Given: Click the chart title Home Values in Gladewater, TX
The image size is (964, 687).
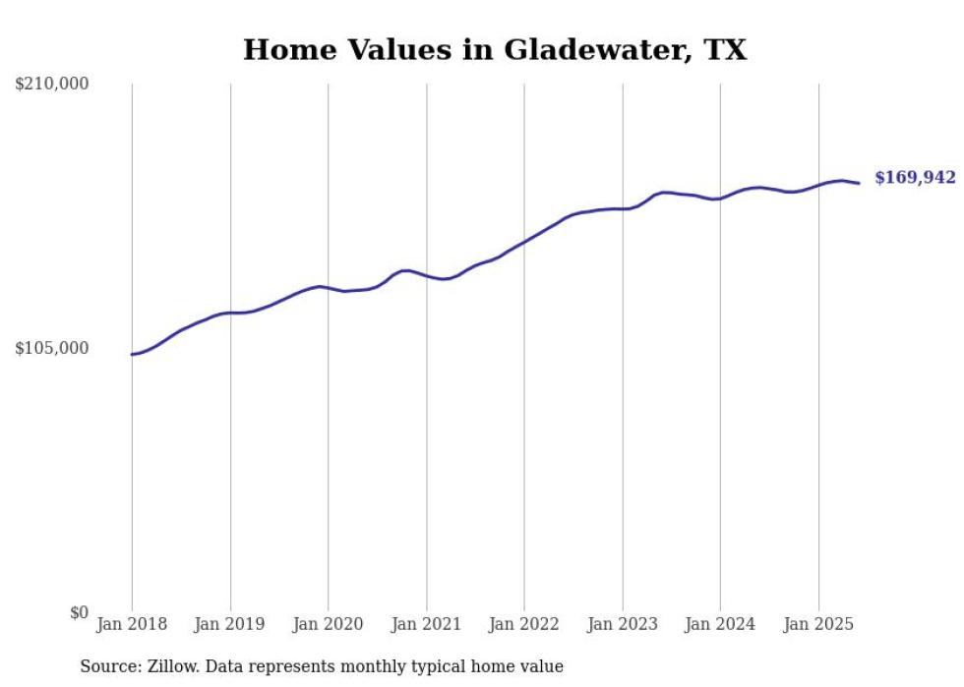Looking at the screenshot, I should [x=495, y=50].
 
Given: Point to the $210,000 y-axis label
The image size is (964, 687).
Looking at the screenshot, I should [x=51, y=85].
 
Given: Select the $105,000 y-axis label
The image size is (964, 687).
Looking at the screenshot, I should [x=51, y=348].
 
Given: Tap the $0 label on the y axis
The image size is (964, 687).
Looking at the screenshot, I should [x=79, y=612].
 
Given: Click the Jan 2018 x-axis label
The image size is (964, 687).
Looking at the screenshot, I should [x=132, y=624].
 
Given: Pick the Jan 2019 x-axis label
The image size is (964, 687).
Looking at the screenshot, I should [x=230, y=624].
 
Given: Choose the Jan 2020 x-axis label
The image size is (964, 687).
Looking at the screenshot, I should [x=328, y=624].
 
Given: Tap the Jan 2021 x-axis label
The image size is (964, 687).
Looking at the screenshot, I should [x=426, y=624].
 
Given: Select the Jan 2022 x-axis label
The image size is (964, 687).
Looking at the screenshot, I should [x=524, y=624].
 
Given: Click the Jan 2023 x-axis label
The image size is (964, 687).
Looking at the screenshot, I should [x=622, y=624].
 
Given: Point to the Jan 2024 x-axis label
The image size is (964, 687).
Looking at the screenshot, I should [x=720, y=624].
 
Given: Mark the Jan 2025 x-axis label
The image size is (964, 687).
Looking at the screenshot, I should [x=818, y=624].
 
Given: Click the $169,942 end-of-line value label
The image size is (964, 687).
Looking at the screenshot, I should [x=915, y=178].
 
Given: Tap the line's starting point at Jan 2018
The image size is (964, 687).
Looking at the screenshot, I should [x=132, y=354].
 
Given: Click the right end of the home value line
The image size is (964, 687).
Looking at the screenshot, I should [x=859, y=183].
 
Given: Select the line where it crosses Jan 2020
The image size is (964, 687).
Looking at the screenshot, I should [x=328, y=288].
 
